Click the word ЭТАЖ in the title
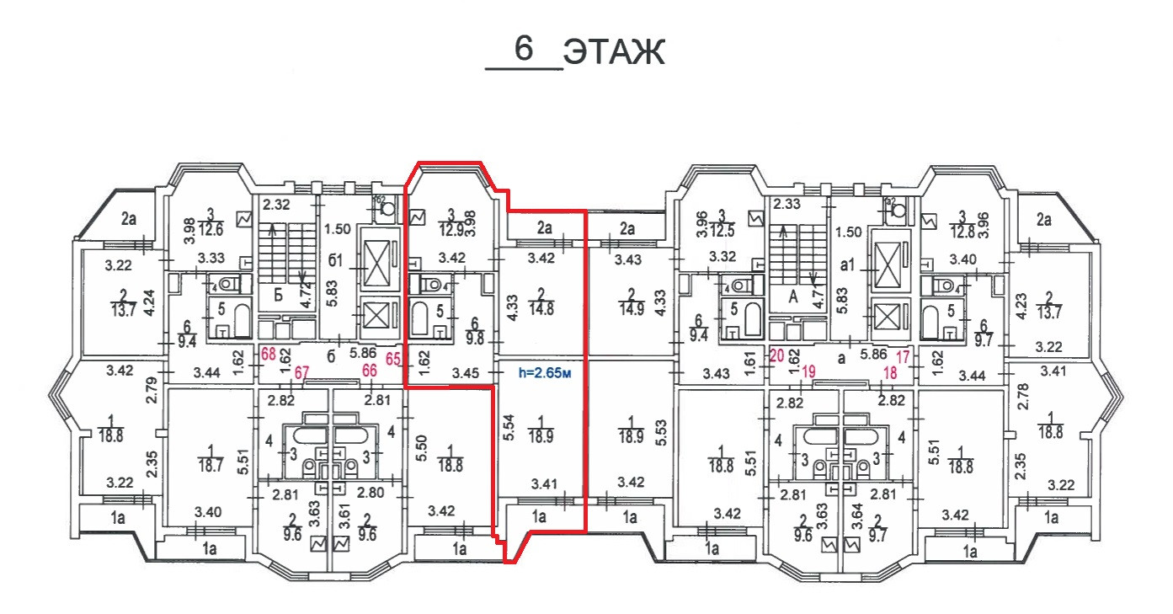pyautogui.click(x=614, y=52)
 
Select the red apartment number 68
pyautogui.click(x=269, y=354)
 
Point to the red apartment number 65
pyautogui.click(x=393, y=357)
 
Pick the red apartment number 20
pyautogui.click(x=776, y=355)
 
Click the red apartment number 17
pyautogui.click(x=904, y=355)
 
